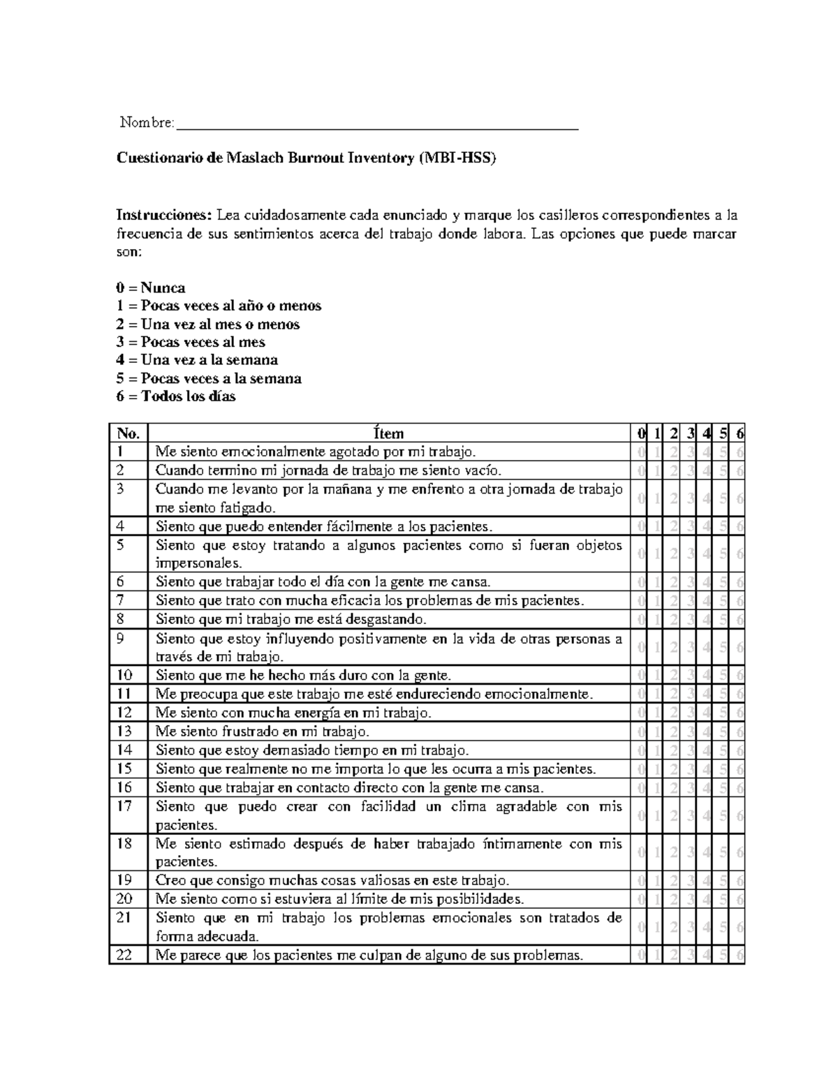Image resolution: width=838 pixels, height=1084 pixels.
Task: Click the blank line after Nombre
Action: point(377,126)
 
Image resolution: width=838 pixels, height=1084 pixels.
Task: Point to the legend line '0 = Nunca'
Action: point(151,288)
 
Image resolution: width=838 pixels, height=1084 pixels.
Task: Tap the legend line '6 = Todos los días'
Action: point(176,396)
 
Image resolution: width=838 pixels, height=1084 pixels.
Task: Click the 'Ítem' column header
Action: point(389,433)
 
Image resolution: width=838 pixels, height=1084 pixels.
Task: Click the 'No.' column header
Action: point(128,433)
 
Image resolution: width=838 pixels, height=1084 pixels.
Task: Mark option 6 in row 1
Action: point(740,452)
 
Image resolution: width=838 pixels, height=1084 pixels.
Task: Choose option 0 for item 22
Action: point(640,956)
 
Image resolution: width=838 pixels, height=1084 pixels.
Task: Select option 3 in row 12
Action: point(690,713)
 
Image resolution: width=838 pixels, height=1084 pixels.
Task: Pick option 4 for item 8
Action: point(707,619)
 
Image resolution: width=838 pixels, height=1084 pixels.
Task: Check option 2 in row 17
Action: point(673,815)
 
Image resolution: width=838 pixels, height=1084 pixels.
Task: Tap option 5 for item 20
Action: point(723,899)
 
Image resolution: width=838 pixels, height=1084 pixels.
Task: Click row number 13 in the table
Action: point(125,731)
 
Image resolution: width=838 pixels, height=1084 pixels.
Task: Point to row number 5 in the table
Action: point(120,545)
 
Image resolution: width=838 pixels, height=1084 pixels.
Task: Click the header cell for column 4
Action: point(707,433)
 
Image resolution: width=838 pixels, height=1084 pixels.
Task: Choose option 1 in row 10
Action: point(656,676)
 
